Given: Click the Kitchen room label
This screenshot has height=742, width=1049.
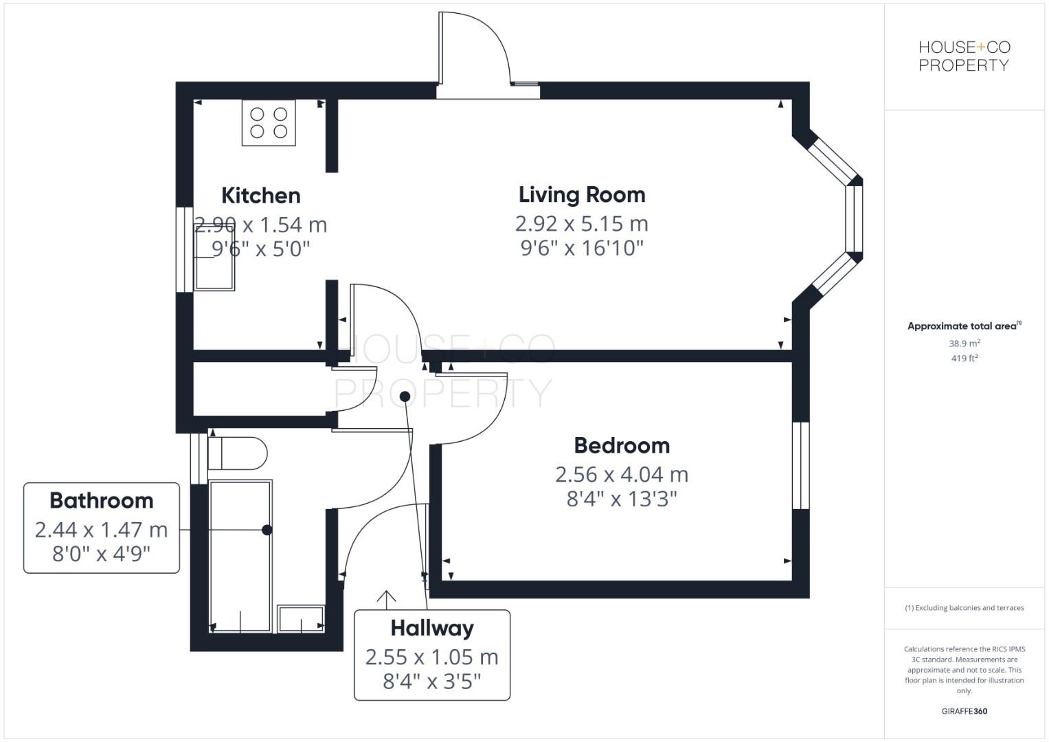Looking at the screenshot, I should [260, 196].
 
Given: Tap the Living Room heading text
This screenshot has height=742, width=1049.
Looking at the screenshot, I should [581, 195].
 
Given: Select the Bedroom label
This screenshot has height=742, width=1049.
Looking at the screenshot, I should [622, 446].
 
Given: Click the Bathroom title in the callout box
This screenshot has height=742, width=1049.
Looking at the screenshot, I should [101, 501].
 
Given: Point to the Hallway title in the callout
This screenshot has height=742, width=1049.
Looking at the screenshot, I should [431, 628].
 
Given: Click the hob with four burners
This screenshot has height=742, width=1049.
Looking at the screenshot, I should [269, 123].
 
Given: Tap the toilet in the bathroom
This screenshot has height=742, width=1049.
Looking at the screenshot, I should [237, 453].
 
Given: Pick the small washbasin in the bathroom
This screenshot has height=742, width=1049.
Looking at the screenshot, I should [300, 618].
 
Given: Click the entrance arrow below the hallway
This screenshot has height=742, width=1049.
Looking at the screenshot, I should [387, 599].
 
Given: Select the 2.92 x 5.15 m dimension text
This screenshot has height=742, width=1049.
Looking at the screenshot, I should [581, 224].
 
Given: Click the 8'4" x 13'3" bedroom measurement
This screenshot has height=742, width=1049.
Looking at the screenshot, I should [622, 498].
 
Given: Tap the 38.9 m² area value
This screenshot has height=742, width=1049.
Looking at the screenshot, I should [964, 344].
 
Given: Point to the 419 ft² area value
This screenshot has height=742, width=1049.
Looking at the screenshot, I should [964, 358].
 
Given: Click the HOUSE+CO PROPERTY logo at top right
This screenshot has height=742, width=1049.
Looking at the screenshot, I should [964, 56].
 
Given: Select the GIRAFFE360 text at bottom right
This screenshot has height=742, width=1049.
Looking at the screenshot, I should [964, 711].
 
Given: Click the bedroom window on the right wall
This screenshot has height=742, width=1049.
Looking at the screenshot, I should [801, 465].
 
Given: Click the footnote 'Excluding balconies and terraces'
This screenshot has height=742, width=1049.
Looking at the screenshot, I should [964, 608].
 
